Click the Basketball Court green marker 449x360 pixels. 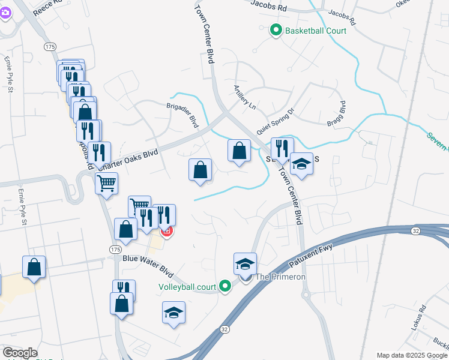pyautogui.click(x=276, y=30)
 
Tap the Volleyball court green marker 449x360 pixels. pyautogui.click(x=225, y=287)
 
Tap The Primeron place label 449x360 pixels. pyautogui.click(x=281, y=277)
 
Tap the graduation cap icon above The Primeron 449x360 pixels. pyautogui.click(x=245, y=263)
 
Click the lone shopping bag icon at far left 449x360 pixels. pyautogui.click(x=34, y=266)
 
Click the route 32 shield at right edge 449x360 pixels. pyautogui.click(x=415, y=230)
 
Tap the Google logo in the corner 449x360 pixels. pyautogui.click(x=20, y=353)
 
